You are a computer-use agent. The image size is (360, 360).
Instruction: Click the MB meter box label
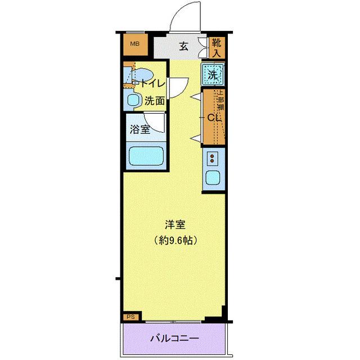(136, 44)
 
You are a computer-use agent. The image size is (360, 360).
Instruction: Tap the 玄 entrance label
(183, 47)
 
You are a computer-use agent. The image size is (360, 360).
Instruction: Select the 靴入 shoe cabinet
(217, 47)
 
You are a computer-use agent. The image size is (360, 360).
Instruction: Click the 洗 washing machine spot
(213, 73)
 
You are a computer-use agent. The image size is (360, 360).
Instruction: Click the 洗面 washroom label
(154, 101)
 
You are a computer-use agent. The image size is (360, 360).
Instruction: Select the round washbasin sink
(134, 101)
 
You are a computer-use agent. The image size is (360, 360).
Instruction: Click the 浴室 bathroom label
(140, 129)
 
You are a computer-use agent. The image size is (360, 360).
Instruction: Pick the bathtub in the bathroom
(145, 155)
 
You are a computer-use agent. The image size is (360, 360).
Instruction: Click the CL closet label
(213, 118)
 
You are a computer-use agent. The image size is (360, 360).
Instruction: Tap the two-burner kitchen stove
(213, 157)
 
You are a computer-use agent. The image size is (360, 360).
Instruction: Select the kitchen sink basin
(213, 178)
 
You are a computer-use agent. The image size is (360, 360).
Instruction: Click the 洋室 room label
(175, 224)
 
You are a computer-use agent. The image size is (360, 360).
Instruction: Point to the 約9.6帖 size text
(175, 239)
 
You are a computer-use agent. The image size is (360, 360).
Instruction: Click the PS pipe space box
(130, 317)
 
